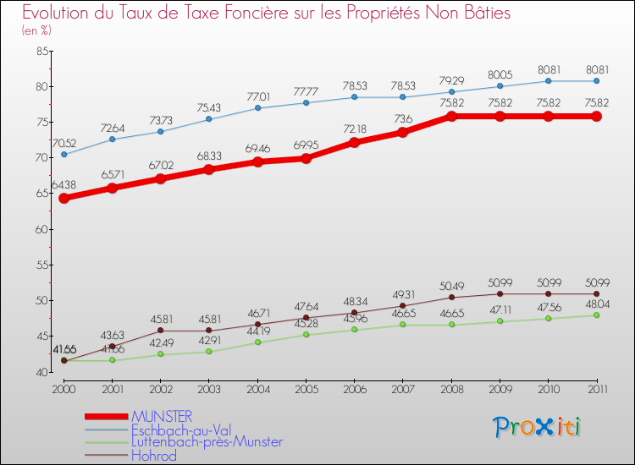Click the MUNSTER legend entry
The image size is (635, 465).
(161, 416)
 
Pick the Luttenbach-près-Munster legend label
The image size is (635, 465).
(207, 441)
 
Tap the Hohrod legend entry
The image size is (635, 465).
(154, 455)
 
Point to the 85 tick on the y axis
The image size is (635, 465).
(41, 51)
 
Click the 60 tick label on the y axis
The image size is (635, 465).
(41, 229)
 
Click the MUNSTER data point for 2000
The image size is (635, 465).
(63, 198)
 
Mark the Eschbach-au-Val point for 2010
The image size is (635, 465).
(548, 81)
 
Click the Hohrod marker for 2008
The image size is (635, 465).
(451, 297)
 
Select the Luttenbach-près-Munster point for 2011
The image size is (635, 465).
(596, 315)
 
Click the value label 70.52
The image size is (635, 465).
(64, 141)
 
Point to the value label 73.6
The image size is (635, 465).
(403, 118)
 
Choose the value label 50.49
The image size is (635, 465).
(451, 285)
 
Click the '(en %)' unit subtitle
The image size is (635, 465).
(36, 31)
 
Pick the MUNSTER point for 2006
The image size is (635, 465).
(354, 142)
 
